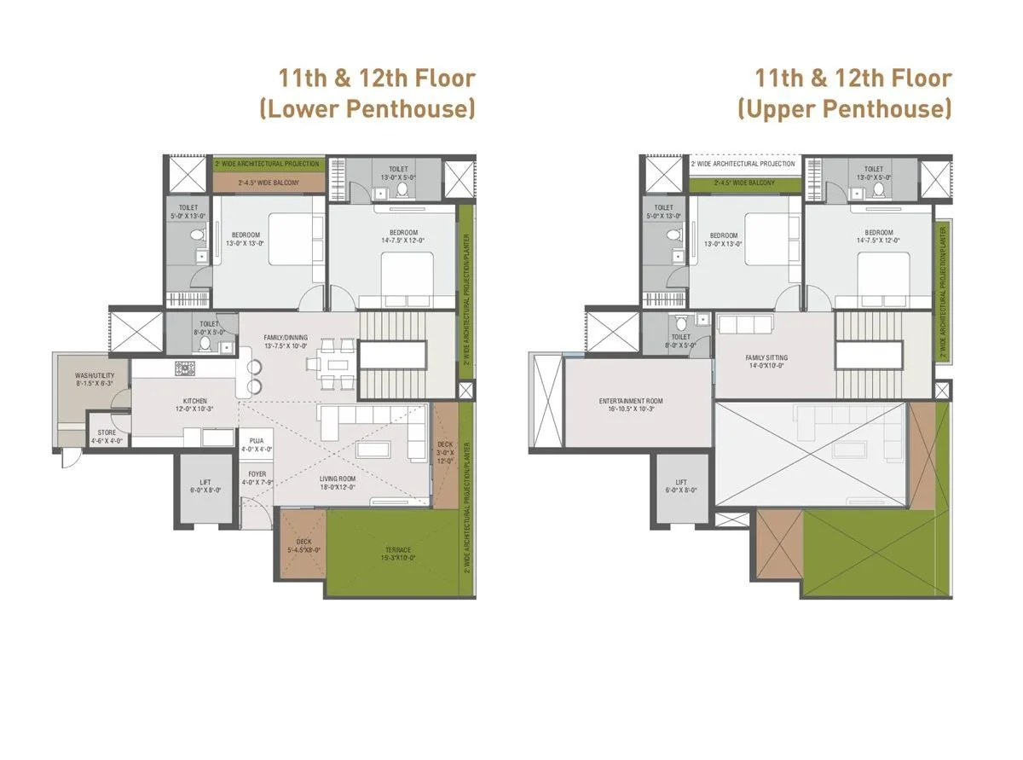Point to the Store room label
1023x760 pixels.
[107, 437]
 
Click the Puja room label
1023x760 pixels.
[257, 444]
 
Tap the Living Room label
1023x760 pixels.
[338, 483]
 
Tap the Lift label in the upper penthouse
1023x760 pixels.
[680, 486]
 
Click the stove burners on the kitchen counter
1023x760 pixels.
[185, 368]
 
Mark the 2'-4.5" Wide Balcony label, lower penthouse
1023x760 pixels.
[267, 183]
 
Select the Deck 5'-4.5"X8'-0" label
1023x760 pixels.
[303, 546]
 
